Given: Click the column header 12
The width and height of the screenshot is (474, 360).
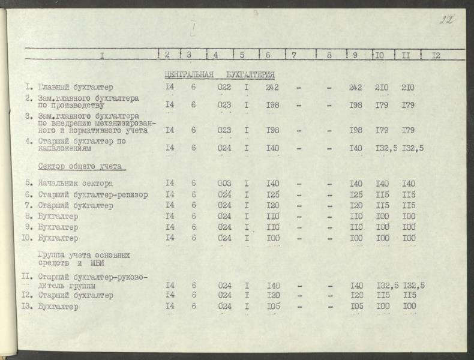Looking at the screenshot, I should pyautogui.click(x=436, y=55).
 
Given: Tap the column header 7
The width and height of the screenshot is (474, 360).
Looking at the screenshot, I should pyautogui.click(x=294, y=55).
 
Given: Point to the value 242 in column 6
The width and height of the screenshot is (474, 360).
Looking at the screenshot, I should pyautogui.click(x=272, y=88).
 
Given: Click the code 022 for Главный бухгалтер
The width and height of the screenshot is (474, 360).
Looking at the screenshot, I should pyautogui.click(x=224, y=88).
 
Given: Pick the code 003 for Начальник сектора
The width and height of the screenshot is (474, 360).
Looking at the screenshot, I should pyautogui.click(x=224, y=184).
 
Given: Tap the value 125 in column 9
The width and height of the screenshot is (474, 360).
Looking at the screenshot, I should pyautogui.click(x=356, y=195).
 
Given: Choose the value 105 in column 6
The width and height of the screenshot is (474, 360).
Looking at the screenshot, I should pyautogui.click(x=274, y=307).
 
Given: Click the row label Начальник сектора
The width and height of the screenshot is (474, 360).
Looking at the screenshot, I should pyautogui.click(x=75, y=184).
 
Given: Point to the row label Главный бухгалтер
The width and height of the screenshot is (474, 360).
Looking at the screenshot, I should pyautogui.click(x=75, y=88).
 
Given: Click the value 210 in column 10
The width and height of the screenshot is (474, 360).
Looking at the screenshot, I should pyautogui.click(x=382, y=88).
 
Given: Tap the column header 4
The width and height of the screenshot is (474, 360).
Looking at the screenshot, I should pyautogui.click(x=215, y=55).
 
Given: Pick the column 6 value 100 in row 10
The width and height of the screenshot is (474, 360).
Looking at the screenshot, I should pyautogui.click(x=274, y=238).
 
